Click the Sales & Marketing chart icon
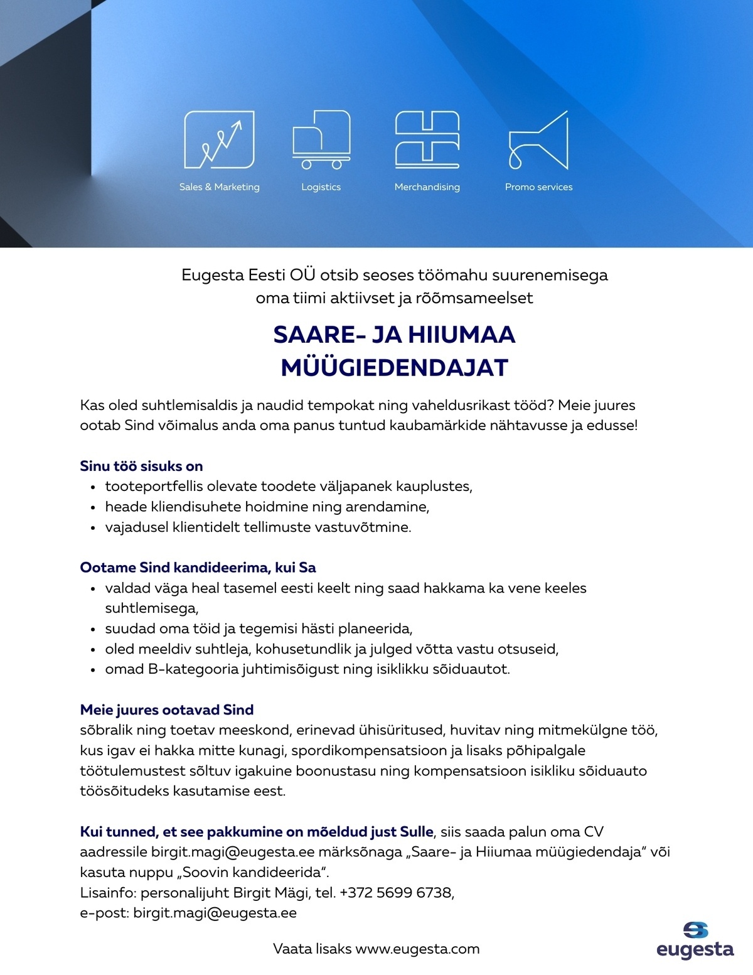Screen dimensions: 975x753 coord(219,139)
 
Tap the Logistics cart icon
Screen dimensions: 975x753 coord(321,139)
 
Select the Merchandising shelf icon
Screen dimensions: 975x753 coord(427,139)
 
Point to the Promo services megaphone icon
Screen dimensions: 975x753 coord(538,141)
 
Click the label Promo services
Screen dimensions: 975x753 coord(538,187)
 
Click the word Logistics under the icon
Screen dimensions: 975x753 coord(321,187)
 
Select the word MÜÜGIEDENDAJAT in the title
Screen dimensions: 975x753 coord(394,368)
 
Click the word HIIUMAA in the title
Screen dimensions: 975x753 coord(462,335)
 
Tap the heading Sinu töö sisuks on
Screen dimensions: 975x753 coord(141,466)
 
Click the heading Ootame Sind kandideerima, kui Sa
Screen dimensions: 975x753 coord(198,568)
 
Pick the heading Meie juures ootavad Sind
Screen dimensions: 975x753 coord(167,710)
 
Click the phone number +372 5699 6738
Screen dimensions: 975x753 coord(396,893)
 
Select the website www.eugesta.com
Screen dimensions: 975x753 coord(417,949)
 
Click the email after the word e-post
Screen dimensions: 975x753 coord(215,913)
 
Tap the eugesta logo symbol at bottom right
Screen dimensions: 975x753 coord(695,930)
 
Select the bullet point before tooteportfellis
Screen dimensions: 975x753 coord(93,487)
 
